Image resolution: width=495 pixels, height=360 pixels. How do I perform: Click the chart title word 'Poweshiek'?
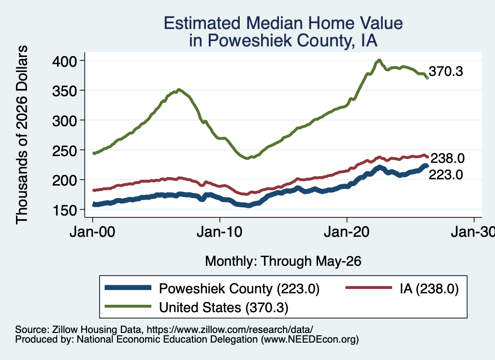[x=250, y=41]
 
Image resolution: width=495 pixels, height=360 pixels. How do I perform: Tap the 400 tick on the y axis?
[x=64, y=61]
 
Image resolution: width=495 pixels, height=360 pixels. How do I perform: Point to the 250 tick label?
[x=64, y=150]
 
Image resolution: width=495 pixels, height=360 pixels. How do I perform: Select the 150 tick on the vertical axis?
[x=64, y=210]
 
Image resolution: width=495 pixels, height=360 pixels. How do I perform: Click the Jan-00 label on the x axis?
[x=92, y=232]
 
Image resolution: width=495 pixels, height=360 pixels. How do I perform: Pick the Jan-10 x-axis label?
[x=219, y=232]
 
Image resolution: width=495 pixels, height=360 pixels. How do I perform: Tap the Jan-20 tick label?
[x=347, y=232]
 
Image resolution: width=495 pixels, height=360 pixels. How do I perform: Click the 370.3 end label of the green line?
[x=446, y=72]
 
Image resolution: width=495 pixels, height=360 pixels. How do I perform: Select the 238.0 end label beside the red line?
[x=448, y=158]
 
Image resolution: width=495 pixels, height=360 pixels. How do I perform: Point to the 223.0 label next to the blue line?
[x=446, y=174]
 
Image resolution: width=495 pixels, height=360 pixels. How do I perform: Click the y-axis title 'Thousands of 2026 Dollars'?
[x=22, y=135]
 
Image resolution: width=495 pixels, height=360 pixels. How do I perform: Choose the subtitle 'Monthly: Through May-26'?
[x=283, y=261]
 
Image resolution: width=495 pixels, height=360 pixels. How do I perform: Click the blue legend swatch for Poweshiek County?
[x=128, y=288]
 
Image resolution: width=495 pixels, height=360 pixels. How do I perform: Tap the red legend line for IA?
[x=369, y=288]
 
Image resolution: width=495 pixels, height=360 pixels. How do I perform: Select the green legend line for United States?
[x=128, y=306]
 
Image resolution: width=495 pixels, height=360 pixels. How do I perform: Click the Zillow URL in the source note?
[x=230, y=330]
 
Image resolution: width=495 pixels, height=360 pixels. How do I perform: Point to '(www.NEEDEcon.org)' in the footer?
[x=310, y=340]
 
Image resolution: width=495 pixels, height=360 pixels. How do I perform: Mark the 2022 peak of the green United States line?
[x=379, y=60]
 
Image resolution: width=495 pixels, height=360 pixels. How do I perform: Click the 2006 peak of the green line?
[x=179, y=90]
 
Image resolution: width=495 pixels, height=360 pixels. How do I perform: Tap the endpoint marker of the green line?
[x=427, y=78]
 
